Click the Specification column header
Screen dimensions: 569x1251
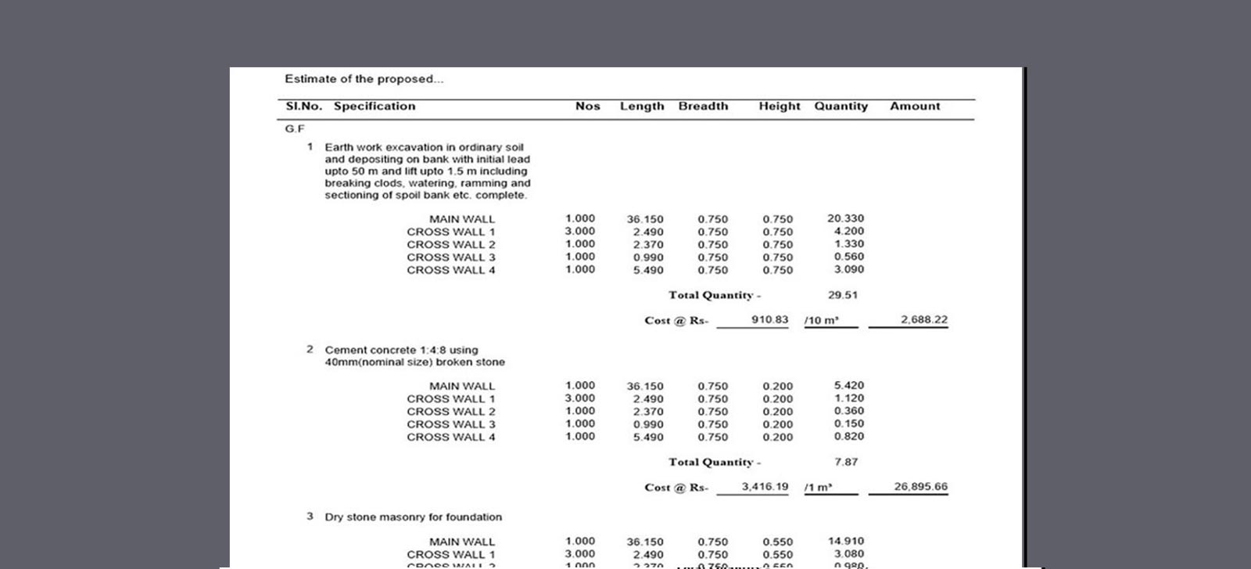pyautogui.click(x=375, y=106)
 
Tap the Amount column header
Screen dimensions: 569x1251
pyautogui.click(x=915, y=106)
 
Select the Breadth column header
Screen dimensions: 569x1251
pyautogui.click(x=703, y=106)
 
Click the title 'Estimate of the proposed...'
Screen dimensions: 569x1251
pyautogui.click(x=364, y=79)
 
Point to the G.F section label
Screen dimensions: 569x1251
pyautogui.click(x=295, y=128)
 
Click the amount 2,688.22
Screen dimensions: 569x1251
pyautogui.click(x=923, y=319)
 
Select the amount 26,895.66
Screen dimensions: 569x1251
pyautogui.click(x=920, y=486)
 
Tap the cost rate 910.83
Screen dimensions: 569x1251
pyautogui.click(x=769, y=319)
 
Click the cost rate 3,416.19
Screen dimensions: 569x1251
pyautogui.click(x=765, y=486)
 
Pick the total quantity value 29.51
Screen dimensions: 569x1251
pyautogui.click(x=842, y=295)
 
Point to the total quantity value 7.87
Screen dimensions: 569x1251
pyautogui.click(x=845, y=462)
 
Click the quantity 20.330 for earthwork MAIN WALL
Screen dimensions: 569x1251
pyautogui.click(x=845, y=218)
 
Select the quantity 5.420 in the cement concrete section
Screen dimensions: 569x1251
pyautogui.click(x=848, y=385)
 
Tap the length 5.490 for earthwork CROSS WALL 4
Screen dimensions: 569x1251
pyautogui.click(x=648, y=270)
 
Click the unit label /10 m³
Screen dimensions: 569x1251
pyautogui.click(x=821, y=320)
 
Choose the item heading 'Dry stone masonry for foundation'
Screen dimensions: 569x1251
pyautogui.click(x=413, y=517)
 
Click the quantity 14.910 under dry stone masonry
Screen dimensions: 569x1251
pyautogui.click(x=845, y=541)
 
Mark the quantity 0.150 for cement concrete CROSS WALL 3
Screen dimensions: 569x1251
pyautogui.click(x=848, y=423)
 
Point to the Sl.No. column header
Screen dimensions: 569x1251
pyautogui.click(x=303, y=106)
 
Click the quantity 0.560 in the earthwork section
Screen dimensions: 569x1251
pyautogui.click(x=848, y=257)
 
